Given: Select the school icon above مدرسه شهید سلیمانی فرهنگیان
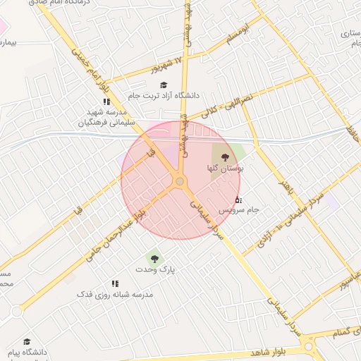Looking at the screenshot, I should tap(106, 102).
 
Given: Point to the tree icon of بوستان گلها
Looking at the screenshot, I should tap(225, 157).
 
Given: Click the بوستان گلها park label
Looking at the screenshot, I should tap(225, 169).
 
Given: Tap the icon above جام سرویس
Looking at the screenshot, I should tap(238, 200).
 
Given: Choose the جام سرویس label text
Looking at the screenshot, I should tap(239, 210).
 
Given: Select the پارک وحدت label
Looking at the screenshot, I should tap(155, 269).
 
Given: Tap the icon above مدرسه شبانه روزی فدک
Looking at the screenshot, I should tap(114, 283).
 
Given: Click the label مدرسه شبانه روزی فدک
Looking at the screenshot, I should tap(114, 294).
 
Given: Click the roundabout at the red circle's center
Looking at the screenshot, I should tap(180, 182).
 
